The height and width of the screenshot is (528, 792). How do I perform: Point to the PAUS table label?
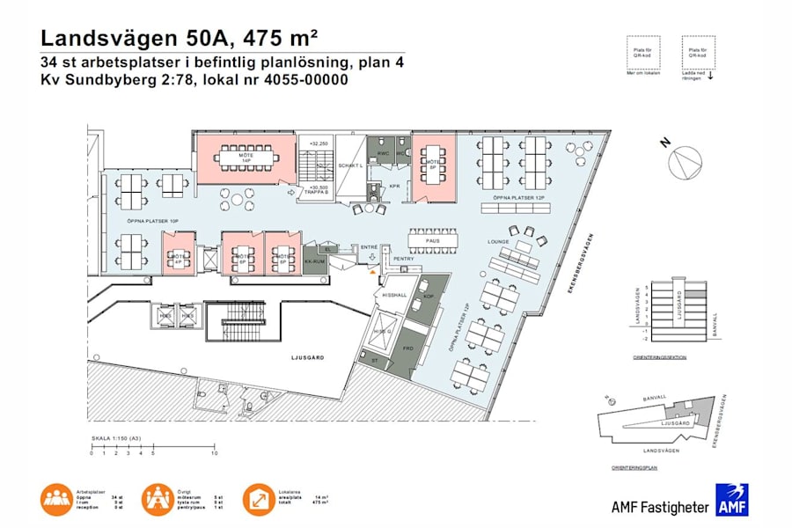tap(432, 239)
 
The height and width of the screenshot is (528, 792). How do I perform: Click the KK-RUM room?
tap(314, 262)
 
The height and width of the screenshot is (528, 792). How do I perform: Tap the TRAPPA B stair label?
tap(318, 193)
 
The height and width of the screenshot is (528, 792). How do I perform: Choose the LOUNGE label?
tap(498, 241)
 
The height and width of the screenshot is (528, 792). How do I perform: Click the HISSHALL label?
tap(394, 296)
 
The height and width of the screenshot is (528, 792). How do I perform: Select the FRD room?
tap(407, 348)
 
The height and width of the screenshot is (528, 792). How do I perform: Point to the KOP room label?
tap(429, 296)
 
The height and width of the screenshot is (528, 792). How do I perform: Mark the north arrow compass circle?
tap(686, 163)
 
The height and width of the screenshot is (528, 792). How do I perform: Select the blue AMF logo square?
tap(732, 500)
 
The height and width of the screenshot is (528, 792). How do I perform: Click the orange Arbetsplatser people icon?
tap(55, 499)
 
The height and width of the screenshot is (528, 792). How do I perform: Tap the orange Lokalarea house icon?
tap(259, 499)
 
